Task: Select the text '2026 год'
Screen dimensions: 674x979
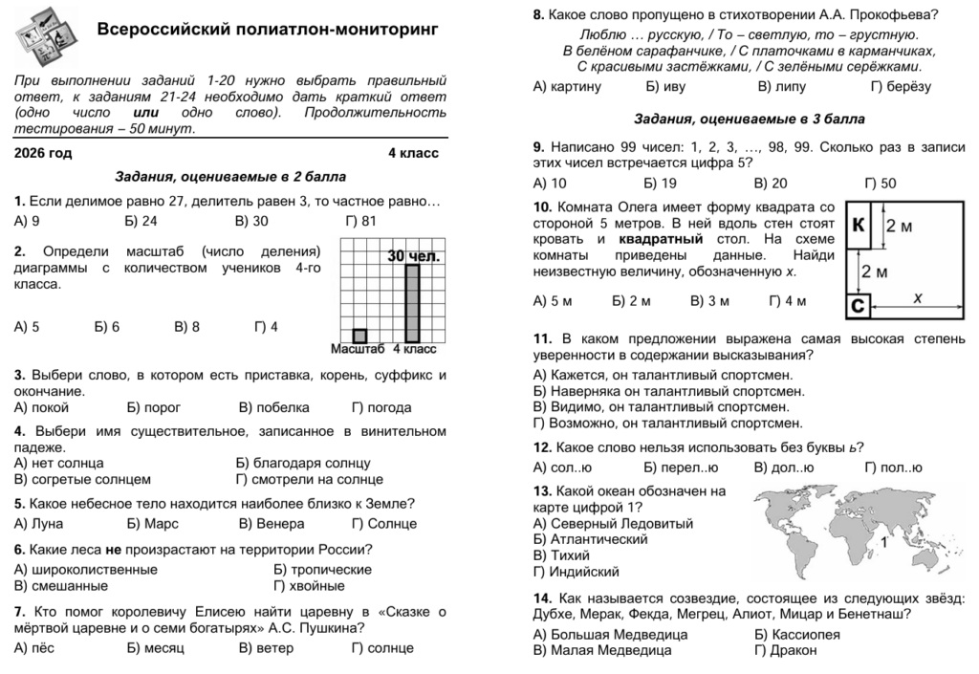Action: click(x=43, y=153)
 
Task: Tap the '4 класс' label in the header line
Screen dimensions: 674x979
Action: click(x=413, y=153)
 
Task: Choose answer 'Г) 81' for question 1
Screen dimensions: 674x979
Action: click(x=361, y=221)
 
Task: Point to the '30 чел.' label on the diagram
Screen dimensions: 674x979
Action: click(x=414, y=256)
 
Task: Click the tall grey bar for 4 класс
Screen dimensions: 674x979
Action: click(x=412, y=302)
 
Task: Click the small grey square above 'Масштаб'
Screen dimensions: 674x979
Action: click(x=359, y=336)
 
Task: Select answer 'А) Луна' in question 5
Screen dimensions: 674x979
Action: click(x=39, y=524)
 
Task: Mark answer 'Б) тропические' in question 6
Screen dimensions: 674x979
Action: click(x=318, y=570)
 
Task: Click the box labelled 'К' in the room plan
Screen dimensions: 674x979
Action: click(x=859, y=226)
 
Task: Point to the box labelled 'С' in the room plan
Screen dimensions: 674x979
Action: click(x=858, y=307)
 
